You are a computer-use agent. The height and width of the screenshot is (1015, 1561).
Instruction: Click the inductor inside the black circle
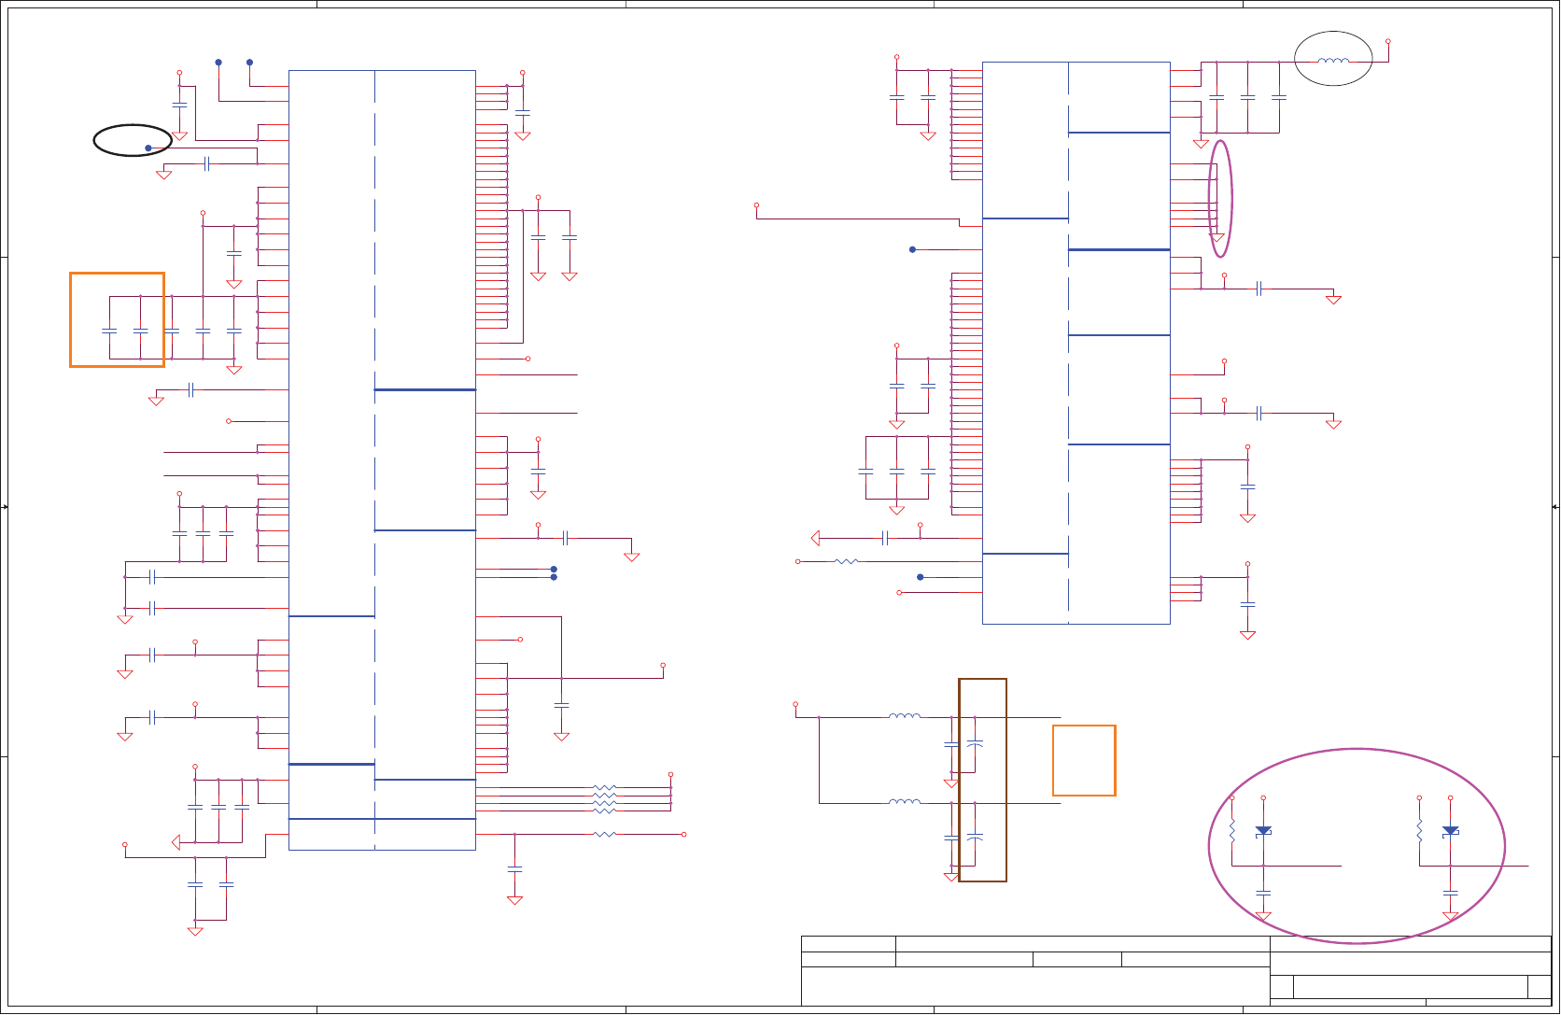(1333, 62)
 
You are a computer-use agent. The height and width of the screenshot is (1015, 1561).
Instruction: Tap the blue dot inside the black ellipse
(148, 148)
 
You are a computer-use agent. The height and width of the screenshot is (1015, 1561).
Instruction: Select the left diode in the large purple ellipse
(1263, 830)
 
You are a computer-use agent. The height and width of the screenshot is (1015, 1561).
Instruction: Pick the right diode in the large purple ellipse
(1450, 830)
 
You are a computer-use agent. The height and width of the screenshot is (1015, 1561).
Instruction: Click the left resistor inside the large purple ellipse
(1232, 830)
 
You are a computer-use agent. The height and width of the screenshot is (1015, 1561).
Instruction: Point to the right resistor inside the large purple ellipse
(1419, 830)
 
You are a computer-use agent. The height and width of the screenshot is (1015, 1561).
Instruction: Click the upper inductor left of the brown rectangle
(904, 716)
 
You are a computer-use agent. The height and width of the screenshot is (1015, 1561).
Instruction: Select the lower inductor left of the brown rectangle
(904, 801)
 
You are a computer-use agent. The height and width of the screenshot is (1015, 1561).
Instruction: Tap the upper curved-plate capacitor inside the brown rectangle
(975, 743)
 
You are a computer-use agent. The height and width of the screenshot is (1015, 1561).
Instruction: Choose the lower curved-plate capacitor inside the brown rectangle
(975, 837)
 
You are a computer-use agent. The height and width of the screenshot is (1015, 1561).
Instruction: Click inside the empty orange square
(1084, 760)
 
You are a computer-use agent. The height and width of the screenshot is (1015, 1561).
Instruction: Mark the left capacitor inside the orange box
(109, 331)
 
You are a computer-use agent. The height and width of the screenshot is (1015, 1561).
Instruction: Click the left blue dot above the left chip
(218, 63)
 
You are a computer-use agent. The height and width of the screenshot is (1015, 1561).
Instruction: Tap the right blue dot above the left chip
(249, 63)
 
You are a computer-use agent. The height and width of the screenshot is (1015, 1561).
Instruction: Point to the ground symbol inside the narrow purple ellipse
(1216, 237)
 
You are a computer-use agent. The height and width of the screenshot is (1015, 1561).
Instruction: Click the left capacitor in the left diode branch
(1263, 893)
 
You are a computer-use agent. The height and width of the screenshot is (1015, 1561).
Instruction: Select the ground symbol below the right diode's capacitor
(1450, 916)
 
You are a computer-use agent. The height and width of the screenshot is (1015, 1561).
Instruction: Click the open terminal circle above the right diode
(1450, 798)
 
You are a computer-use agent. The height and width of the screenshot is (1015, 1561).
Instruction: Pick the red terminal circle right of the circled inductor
(1388, 42)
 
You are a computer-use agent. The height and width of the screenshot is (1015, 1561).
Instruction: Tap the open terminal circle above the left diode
(1263, 798)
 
